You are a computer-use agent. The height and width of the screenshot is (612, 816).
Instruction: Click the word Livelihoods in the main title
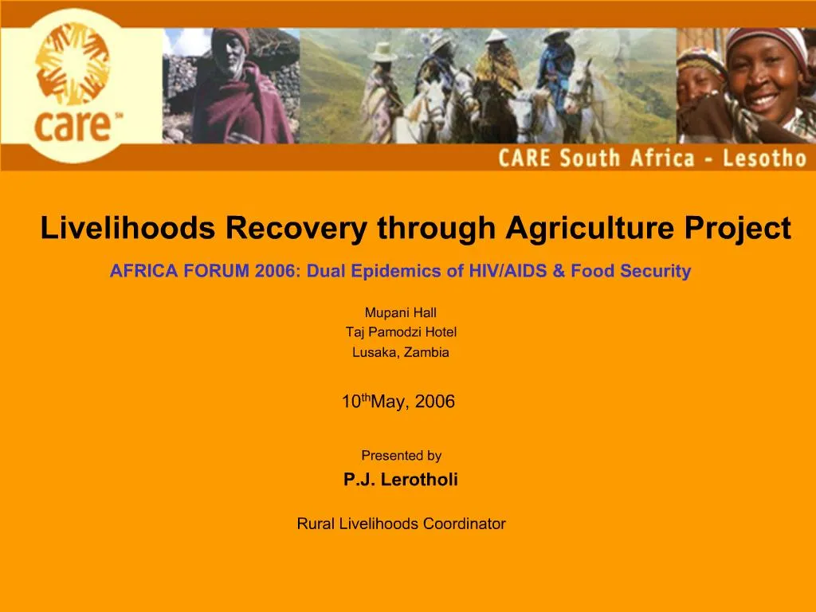coord(127,229)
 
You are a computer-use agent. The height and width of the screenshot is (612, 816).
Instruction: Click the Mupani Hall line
coord(400,312)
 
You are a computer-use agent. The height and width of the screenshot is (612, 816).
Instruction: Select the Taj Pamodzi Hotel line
coord(401,332)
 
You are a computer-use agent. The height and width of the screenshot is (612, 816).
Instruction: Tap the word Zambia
coord(426,352)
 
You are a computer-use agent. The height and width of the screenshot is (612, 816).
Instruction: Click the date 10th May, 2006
coord(398,402)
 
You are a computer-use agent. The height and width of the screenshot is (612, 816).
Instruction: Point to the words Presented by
coord(401,456)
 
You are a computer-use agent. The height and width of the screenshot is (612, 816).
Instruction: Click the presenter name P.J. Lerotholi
coord(400,479)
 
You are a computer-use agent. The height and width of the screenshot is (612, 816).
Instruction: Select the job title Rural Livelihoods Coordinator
coord(401,524)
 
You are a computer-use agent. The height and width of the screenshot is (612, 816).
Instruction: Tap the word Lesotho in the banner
coord(764,158)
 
